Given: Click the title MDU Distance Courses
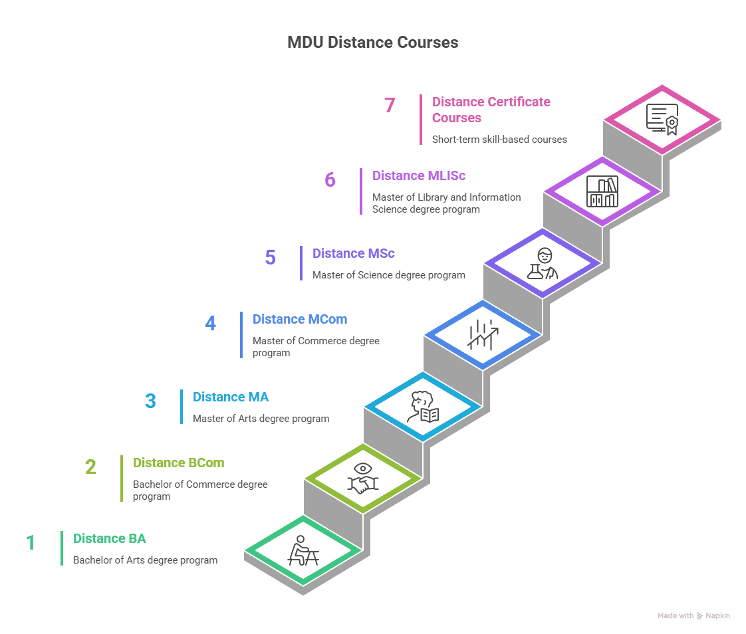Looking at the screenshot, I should [372, 43].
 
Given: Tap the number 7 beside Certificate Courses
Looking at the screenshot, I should [390, 106].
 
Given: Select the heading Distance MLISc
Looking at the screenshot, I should [419, 176].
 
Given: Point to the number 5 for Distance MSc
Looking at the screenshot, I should [270, 258].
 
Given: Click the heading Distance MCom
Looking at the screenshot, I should [300, 320].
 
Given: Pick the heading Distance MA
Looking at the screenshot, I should [231, 397].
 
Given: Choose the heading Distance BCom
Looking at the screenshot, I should [178, 463].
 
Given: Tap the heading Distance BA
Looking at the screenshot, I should [110, 539].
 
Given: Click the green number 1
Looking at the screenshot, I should [31, 543].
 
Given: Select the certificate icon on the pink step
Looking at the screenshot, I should [662, 120].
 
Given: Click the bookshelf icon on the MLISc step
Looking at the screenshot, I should [602, 191].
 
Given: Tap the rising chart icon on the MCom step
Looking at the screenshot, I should [483, 334].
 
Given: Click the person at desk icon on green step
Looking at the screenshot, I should [303, 551].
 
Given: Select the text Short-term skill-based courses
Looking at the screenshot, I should [499, 140].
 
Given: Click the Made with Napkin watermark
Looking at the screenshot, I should [693, 616].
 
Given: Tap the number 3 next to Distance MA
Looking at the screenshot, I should [150, 401].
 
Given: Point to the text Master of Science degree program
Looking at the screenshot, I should [389, 275].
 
